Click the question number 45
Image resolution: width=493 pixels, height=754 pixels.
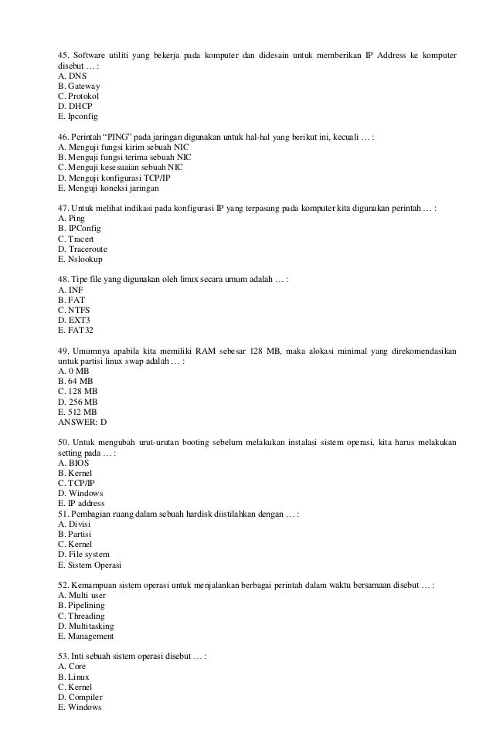click(x=63, y=56)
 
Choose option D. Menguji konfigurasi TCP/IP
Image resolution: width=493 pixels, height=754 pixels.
click(x=114, y=177)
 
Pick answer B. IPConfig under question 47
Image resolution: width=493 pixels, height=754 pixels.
click(x=79, y=229)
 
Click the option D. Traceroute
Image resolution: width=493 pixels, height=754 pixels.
click(x=82, y=249)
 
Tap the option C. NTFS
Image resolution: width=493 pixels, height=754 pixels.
click(x=73, y=310)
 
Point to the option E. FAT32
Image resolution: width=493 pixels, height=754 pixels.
click(x=76, y=330)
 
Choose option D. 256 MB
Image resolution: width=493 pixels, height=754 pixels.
click(x=78, y=401)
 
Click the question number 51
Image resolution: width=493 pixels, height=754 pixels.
click(x=63, y=513)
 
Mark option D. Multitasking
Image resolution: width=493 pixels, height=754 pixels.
click(x=86, y=625)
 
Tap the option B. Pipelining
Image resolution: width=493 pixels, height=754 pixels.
click(x=82, y=605)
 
